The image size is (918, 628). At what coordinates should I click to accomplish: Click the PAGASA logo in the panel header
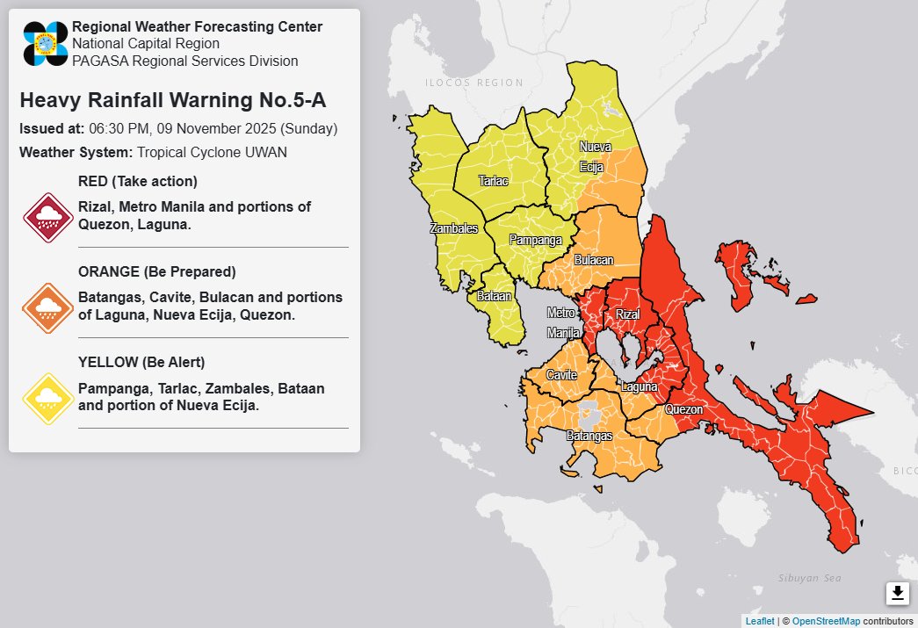tap(46, 43)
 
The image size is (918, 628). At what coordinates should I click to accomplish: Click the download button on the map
tap(897, 594)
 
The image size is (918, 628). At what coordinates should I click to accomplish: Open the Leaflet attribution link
tap(759, 621)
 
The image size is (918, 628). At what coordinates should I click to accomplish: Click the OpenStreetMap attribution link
tap(825, 621)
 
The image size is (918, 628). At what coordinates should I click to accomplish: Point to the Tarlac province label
tap(493, 181)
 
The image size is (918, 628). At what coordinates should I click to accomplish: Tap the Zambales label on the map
tap(454, 228)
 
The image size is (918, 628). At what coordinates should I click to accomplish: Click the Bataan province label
tap(494, 297)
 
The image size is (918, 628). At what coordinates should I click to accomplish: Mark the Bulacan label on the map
tap(594, 260)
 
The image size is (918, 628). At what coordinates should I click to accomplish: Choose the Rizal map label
tap(628, 314)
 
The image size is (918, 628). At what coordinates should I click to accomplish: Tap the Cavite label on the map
tap(561, 375)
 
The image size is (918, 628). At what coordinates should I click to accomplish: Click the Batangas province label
tap(589, 435)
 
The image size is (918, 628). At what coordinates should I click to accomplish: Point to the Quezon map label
tap(683, 409)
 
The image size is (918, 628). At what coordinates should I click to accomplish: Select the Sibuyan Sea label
tap(809, 578)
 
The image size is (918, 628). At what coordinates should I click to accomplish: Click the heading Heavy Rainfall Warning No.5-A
tap(172, 100)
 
